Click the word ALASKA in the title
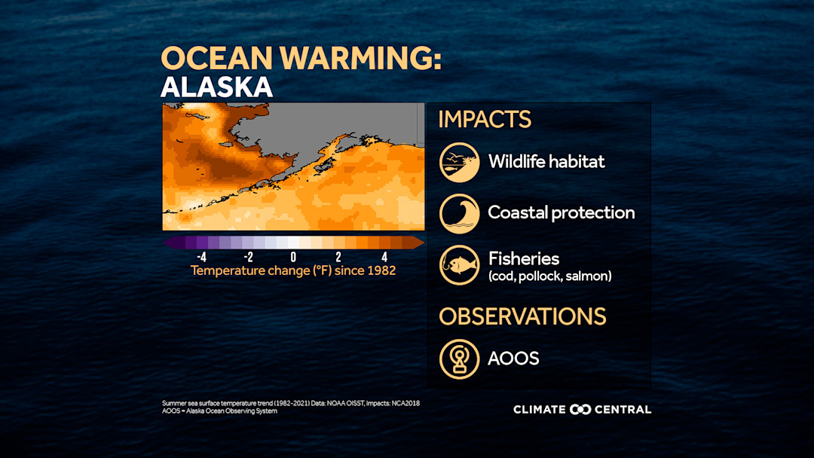[216, 87]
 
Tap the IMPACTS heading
[485, 120]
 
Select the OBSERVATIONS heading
[522, 316]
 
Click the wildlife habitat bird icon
[459, 162]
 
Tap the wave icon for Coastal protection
[459, 213]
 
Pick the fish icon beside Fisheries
[459, 265]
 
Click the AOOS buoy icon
[459, 359]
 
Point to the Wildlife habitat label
[546, 161]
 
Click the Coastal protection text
[562, 212]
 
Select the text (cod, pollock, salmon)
[549, 276]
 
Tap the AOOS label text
[513, 359]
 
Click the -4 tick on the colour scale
[201, 257]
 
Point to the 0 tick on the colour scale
[293, 257]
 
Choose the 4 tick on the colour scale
[384, 257]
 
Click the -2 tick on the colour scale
[246, 257]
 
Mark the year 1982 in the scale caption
[381, 270]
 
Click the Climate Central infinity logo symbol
[580, 410]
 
